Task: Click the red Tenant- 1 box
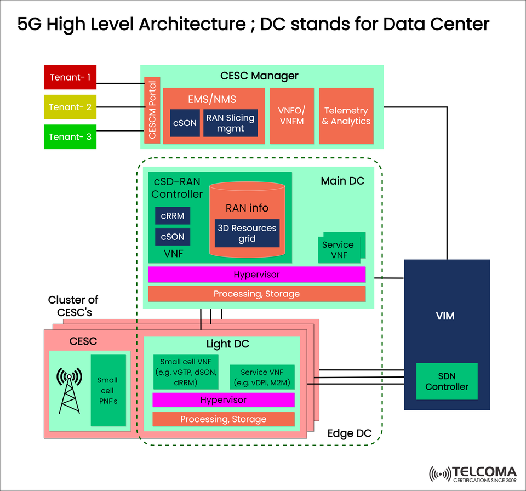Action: [x=70, y=77]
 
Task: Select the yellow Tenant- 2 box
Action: [x=70, y=107]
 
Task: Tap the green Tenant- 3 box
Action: [x=70, y=137]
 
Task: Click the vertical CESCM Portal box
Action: [x=152, y=110]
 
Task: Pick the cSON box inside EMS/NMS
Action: [x=185, y=123]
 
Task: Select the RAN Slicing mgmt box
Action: [x=230, y=123]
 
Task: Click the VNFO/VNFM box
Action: [x=291, y=116]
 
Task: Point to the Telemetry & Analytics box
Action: [x=346, y=116]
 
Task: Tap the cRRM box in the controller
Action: [x=173, y=216]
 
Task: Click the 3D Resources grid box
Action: [x=247, y=233]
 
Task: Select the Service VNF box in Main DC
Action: [x=338, y=250]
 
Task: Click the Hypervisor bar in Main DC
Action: [x=256, y=275]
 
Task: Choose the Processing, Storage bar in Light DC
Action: [x=223, y=419]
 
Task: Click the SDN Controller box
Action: [x=447, y=381]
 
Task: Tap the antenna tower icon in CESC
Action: [x=70, y=390]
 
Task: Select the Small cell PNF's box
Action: [x=107, y=390]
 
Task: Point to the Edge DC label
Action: [x=349, y=433]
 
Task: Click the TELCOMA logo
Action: [x=472, y=474]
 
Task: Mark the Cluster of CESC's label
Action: [x=73, y=306]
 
